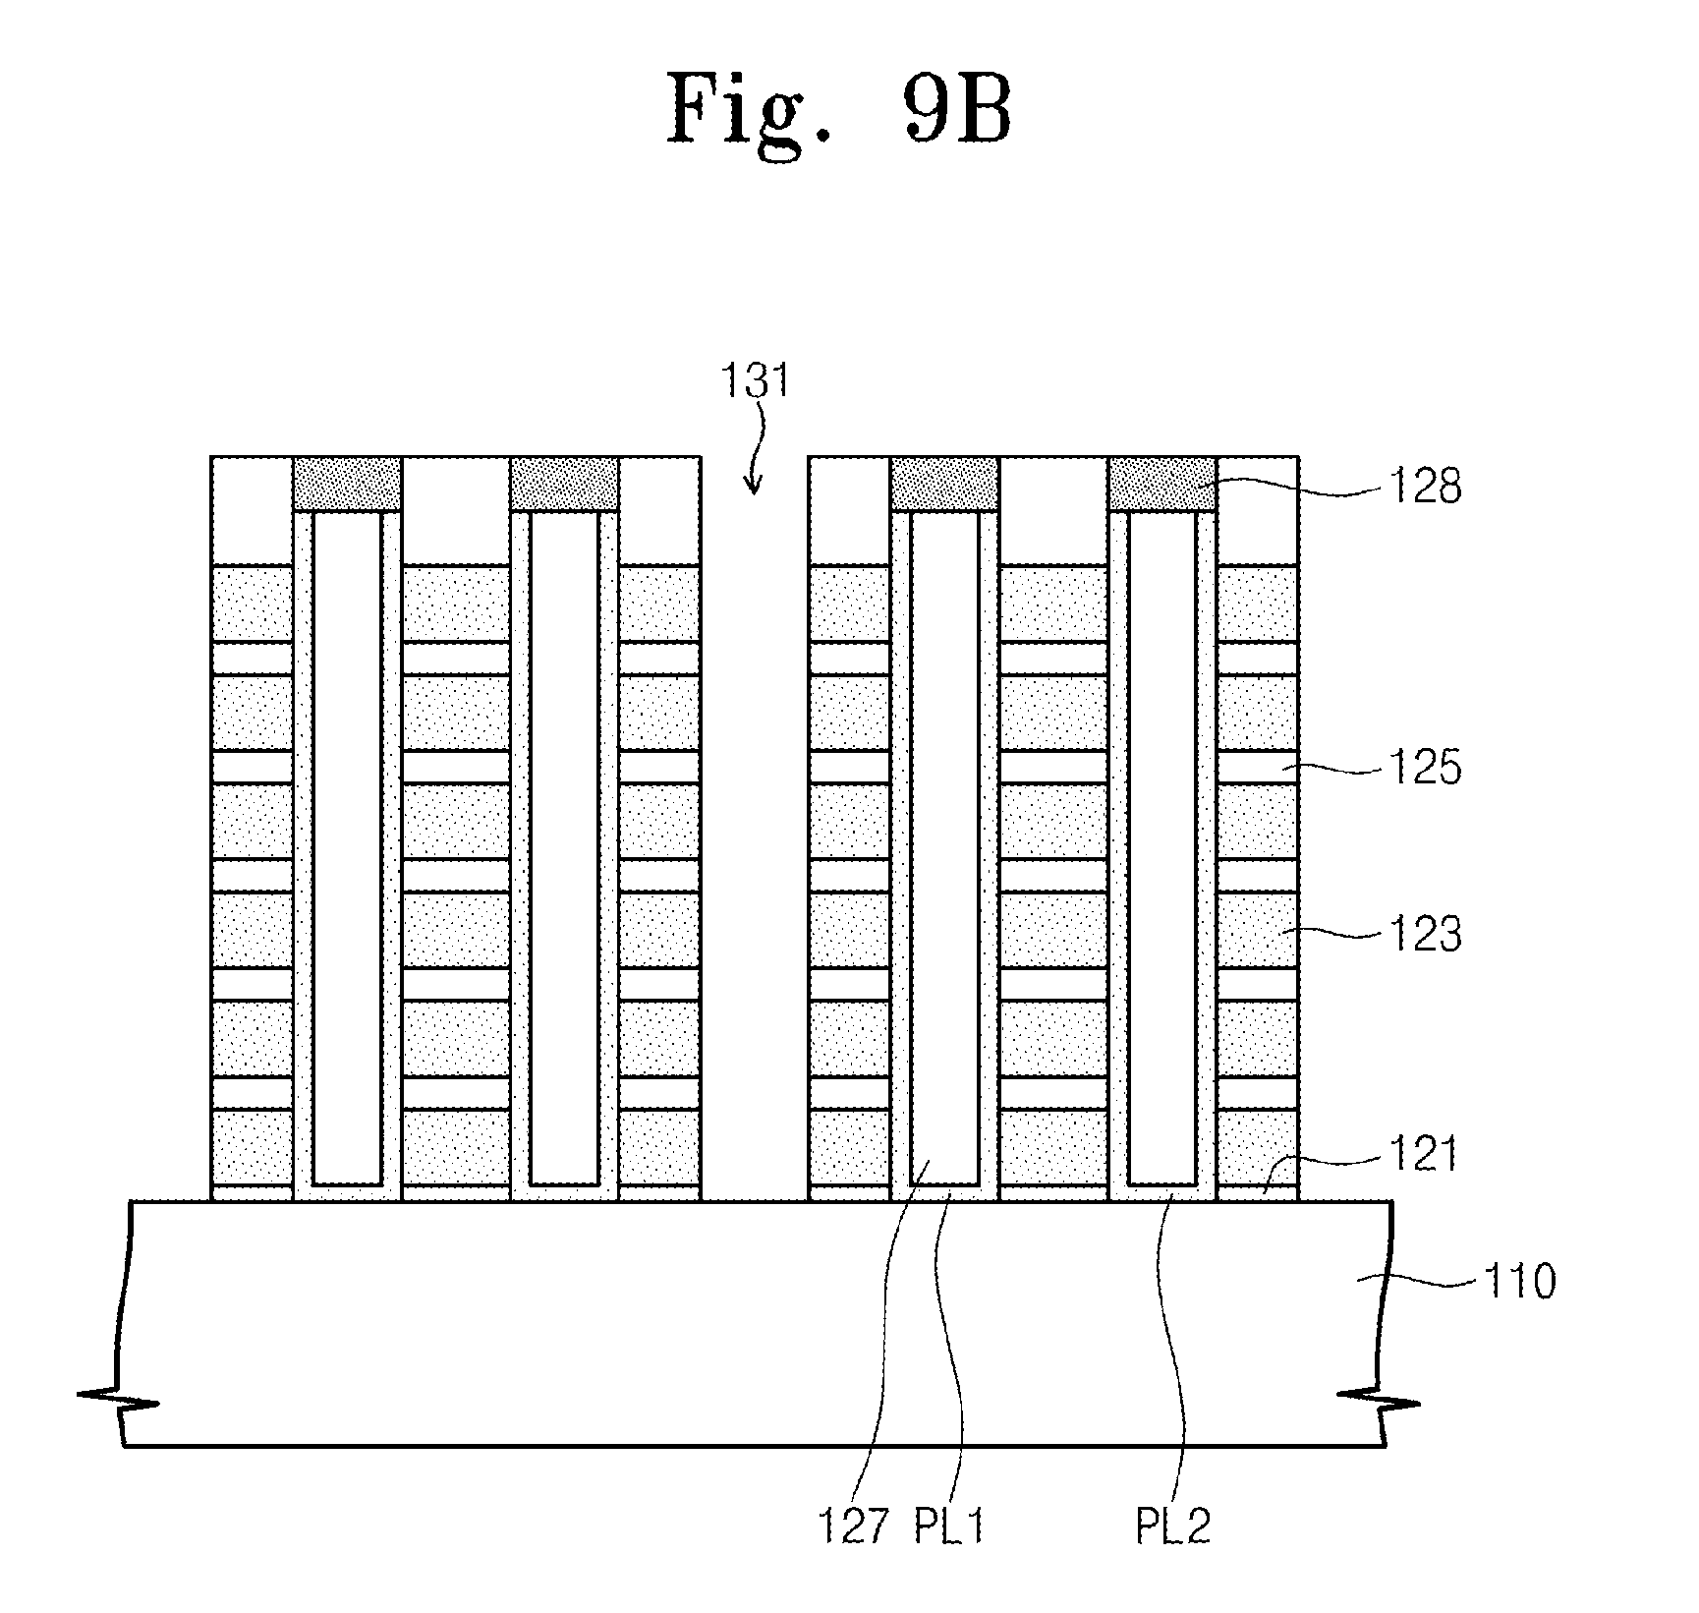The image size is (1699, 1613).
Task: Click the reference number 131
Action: pyautogui.click(x=754, y=380)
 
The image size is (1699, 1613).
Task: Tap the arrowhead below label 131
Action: pyautogui.click(x=753, y=484)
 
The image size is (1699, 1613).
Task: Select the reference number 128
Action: pyautogui.click(x=1425, y=486)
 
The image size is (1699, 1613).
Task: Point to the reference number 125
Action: pyautogui.click(x=1425, y=767)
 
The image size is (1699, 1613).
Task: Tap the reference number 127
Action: pyautogui.click(x=854, y=1527)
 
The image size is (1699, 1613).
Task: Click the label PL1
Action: pyautogui.click(x=950, y=1527)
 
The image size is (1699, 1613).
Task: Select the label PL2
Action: pyautogui.click(x=1174, y=1527)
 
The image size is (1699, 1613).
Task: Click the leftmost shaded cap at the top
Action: pyautogui.click(x=348, y=484)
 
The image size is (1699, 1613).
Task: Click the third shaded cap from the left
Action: pyautogui.click(x=945, y=484)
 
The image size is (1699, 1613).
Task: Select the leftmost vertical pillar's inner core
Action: pyautogui.click(x=348, y=847)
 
